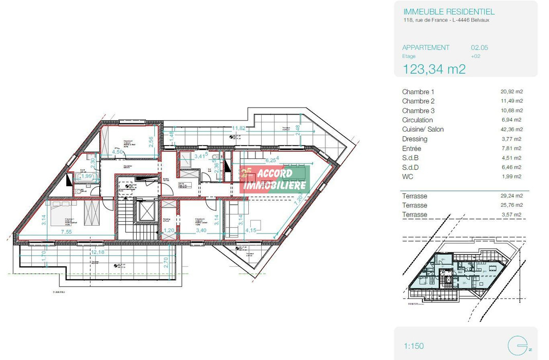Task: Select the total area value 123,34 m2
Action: coord(434,69)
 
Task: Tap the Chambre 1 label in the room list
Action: coord(418,92)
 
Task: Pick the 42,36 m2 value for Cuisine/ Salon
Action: coord(511,130)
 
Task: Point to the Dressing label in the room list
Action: coord(414,139)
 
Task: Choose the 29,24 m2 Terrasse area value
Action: coord(511,196)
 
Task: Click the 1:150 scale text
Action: coord(413,346)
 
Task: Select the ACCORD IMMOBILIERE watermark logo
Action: coord(275,179)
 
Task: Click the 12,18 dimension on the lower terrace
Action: coord(98,252)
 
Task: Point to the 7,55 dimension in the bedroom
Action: coord(67,232)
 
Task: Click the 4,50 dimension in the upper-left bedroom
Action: coord(118,152)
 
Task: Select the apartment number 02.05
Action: coord(479,48)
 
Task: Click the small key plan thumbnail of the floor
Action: coord(463,273)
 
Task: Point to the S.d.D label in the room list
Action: coord(411,167)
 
